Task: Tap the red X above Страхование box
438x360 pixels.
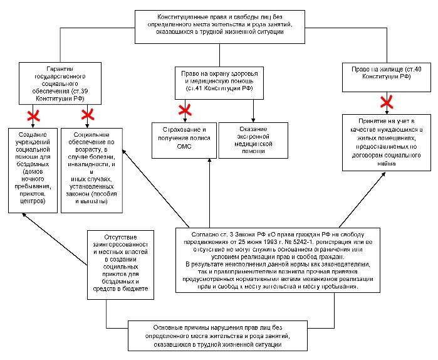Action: click(x=185, y=110)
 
